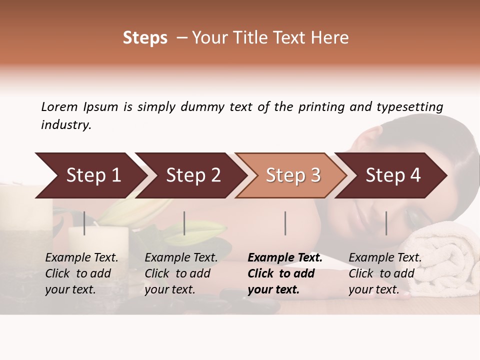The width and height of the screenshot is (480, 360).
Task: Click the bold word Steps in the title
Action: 145,38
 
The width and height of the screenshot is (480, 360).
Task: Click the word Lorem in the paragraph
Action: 59,106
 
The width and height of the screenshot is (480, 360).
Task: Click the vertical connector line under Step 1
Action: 84,223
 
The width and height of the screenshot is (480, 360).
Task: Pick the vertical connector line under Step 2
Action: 184,223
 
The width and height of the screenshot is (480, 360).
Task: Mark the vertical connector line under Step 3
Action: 285,223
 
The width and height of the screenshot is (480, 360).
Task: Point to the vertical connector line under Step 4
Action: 386,223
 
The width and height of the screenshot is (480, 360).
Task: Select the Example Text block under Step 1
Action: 81,273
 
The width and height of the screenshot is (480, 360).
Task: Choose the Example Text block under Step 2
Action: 181,273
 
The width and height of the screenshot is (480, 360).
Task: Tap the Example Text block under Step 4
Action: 385,273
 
